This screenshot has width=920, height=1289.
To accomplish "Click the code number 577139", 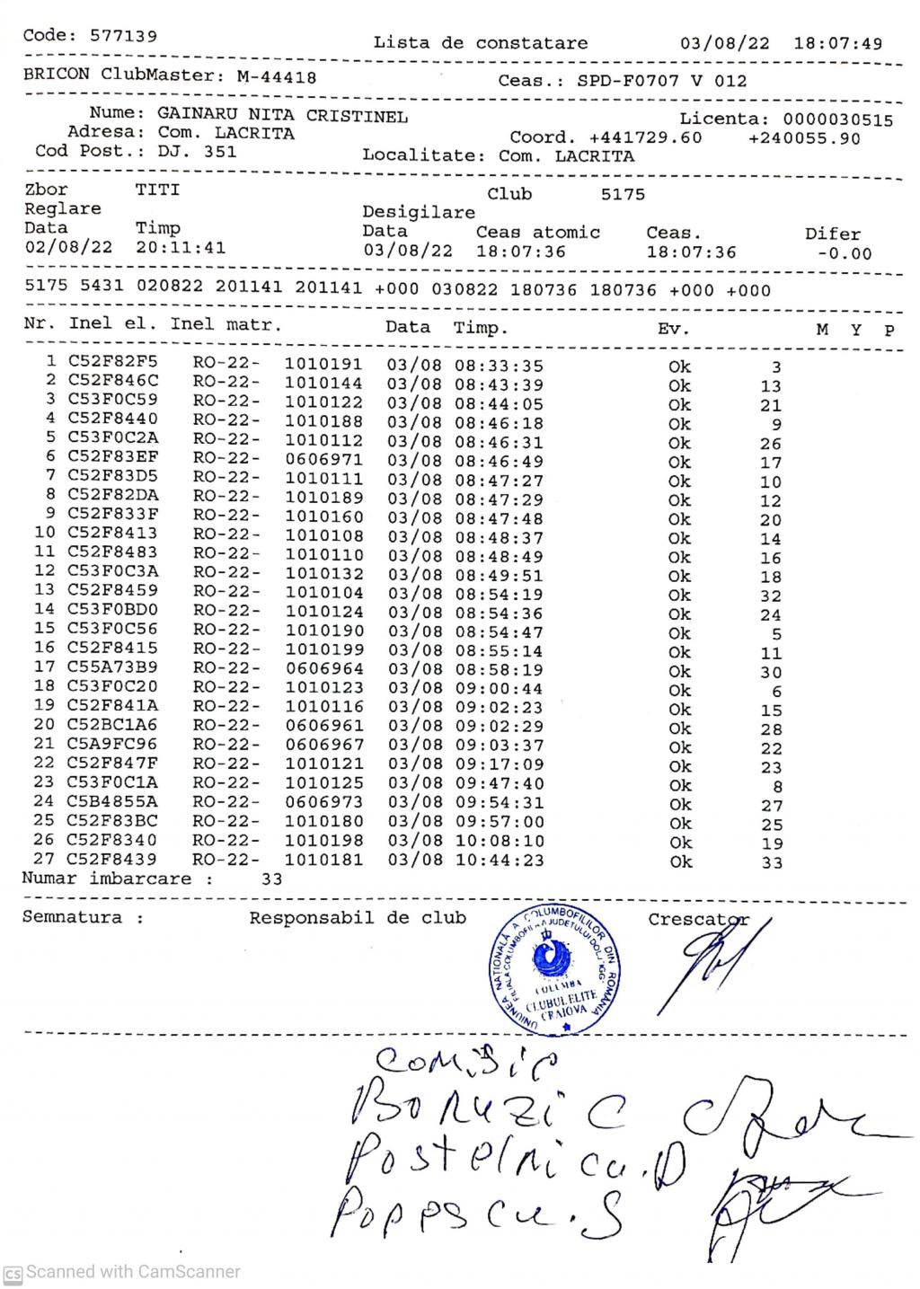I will tap(123, 36).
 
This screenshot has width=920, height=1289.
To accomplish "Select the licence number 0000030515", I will tap(837, 119).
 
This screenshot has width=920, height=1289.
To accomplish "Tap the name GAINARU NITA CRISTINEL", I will tap(282, 116).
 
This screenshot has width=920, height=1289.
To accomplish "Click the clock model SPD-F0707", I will tap(628, 81).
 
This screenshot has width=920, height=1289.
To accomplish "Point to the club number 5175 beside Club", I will tap(623, 194).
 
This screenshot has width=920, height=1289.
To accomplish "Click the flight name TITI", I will tap(157, 190).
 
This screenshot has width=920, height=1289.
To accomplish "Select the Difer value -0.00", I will tap(845, 253).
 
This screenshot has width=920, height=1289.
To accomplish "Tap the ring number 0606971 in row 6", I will tap(323, 459).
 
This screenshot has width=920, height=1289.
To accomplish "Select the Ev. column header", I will tap(673, 329).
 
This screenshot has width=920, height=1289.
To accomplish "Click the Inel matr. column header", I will tap(226, 323).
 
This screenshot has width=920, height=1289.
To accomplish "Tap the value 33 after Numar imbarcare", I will tap(271, 879).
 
